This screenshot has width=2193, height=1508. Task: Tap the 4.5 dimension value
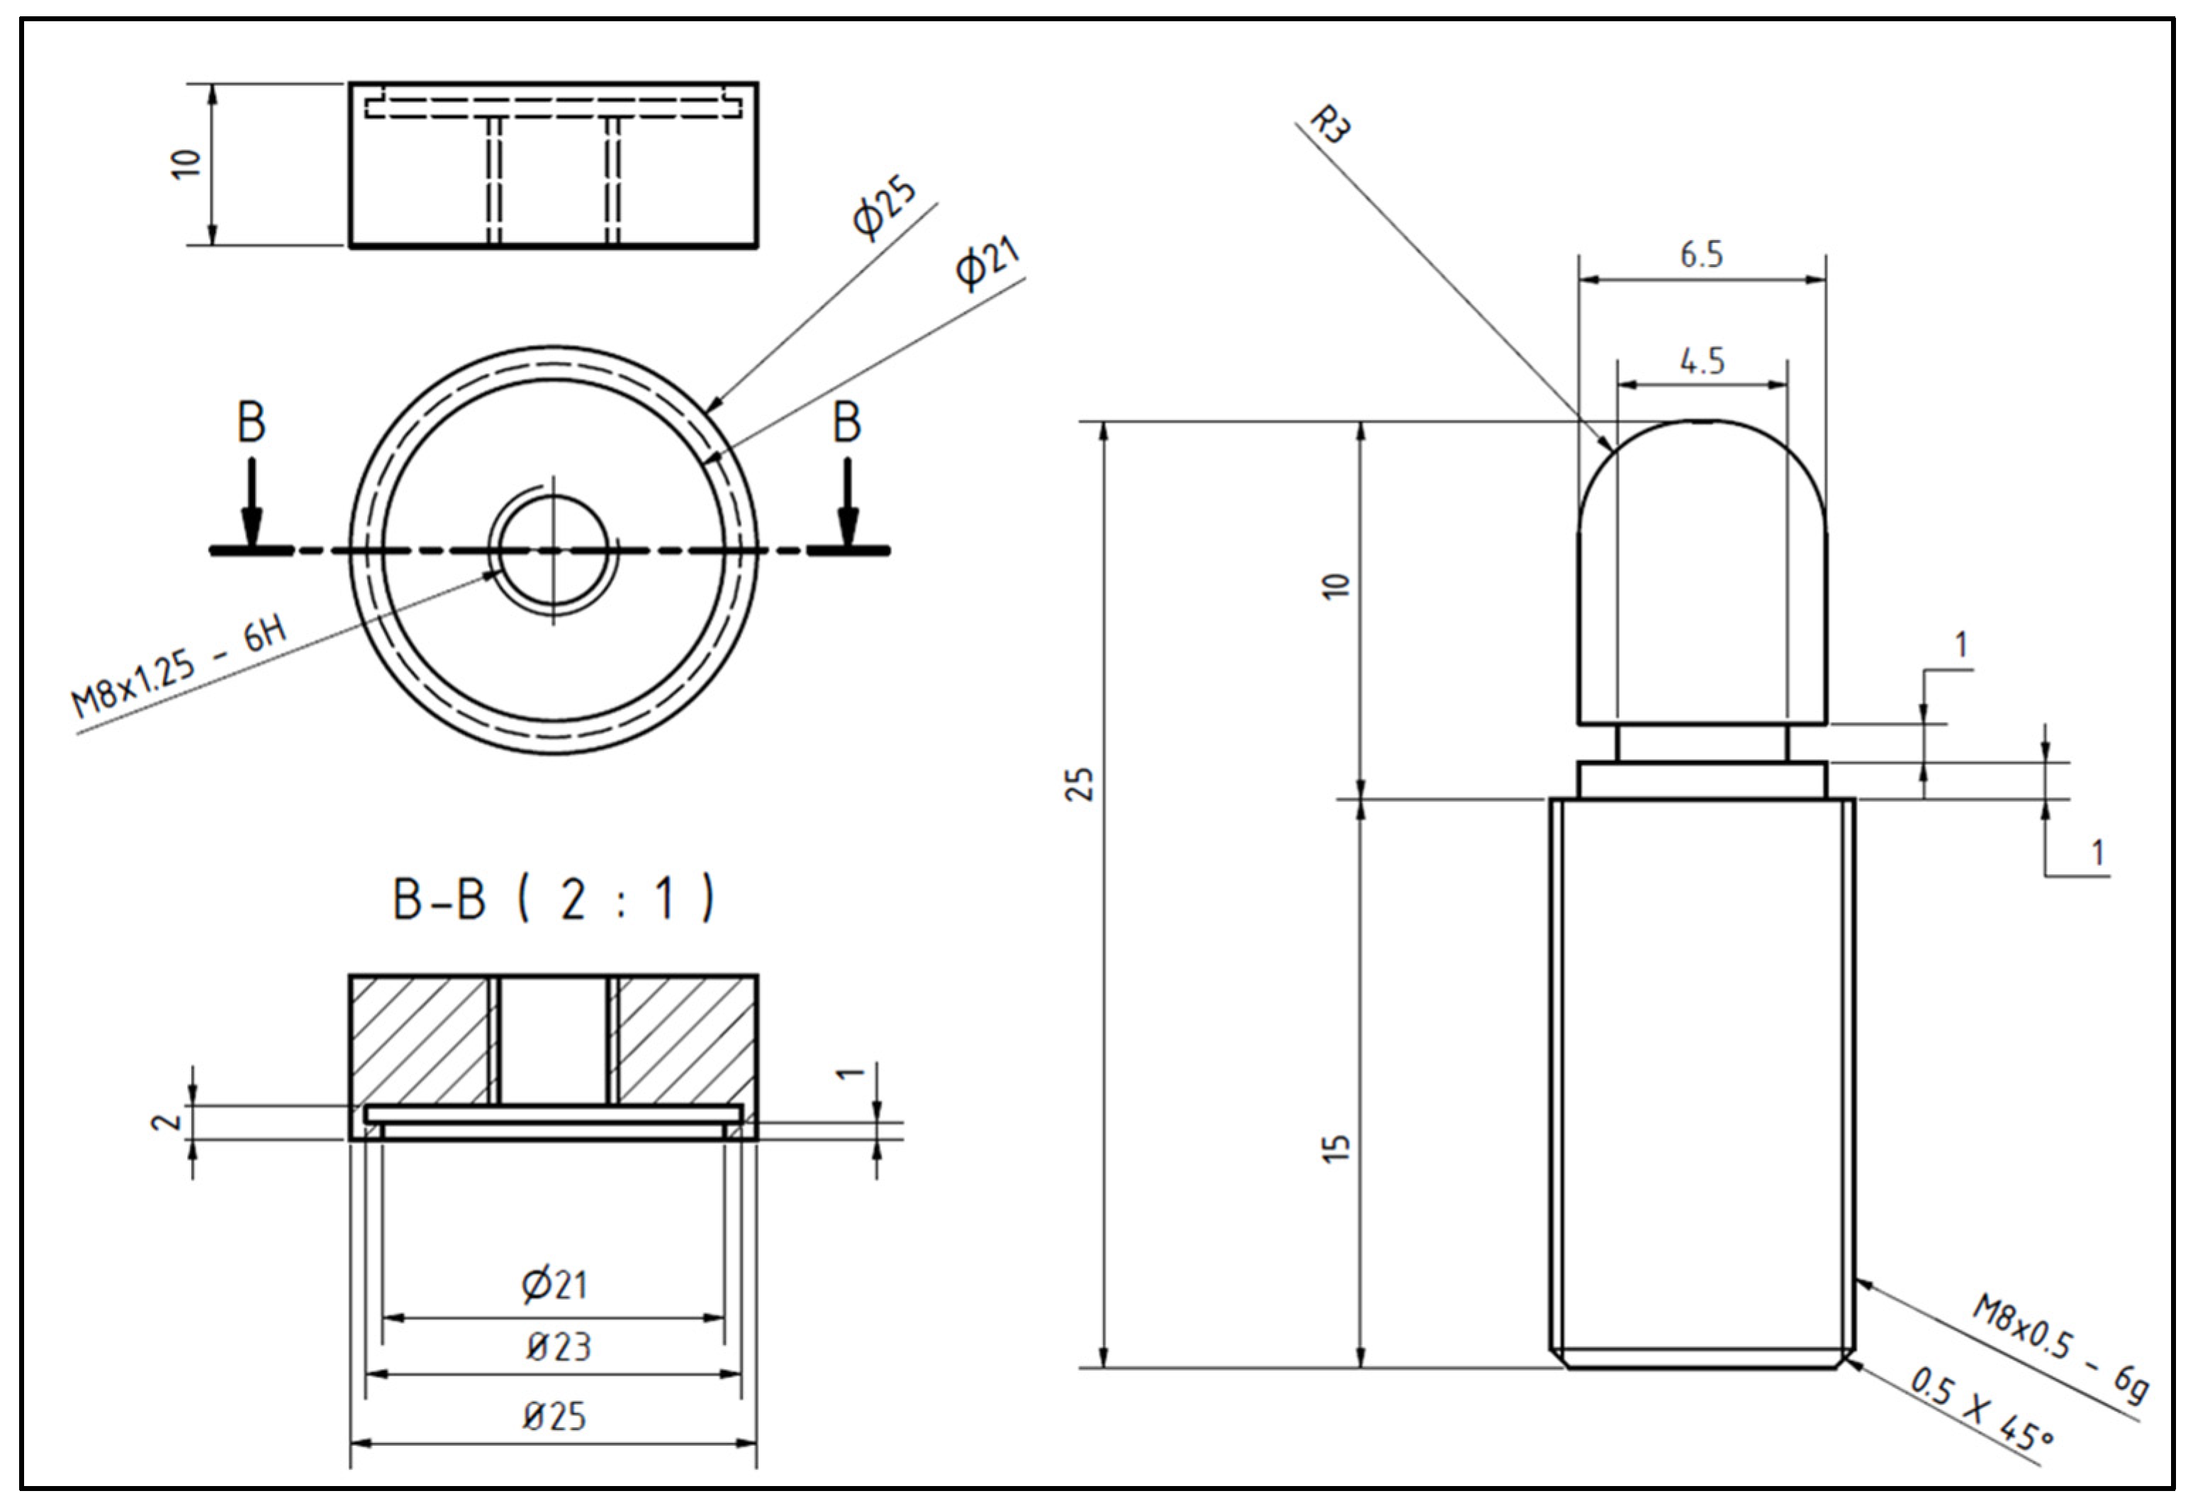pos(1702,361)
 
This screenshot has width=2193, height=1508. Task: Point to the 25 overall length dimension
pos(1079,784)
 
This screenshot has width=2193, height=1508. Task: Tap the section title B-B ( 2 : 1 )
pos(553,900)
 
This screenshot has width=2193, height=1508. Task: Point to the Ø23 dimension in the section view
pos(558,1347)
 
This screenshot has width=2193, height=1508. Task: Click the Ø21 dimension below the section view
pos(555,1285)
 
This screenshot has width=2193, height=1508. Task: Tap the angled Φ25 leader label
pos(884,206)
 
